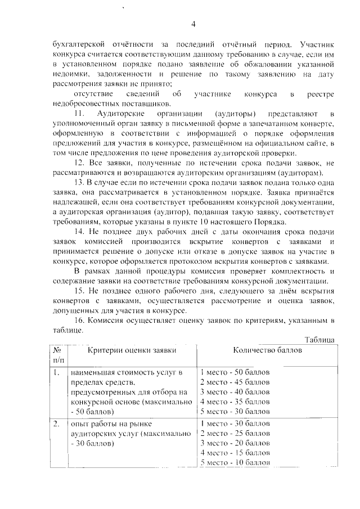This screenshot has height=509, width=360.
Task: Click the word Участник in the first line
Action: (x=318, y=44)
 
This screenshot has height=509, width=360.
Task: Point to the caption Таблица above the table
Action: (x=320, y=340)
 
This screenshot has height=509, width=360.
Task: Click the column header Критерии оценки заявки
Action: (x=132, y=350)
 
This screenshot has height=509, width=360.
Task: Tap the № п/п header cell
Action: (x=58, y=354)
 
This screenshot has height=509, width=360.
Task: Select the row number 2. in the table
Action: (x=56, y=424)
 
